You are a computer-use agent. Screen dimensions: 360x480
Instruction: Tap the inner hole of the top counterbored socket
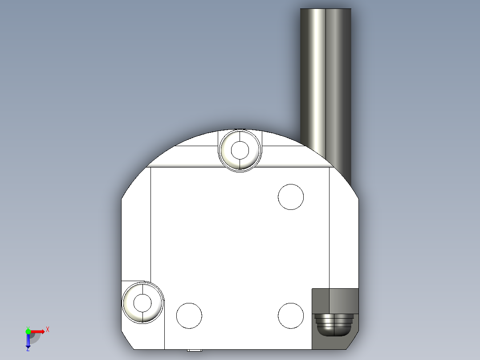pos(240,150)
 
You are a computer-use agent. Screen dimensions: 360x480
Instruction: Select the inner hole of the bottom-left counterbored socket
pos(142,303)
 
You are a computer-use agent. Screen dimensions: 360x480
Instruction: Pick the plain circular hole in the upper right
pos(291,196)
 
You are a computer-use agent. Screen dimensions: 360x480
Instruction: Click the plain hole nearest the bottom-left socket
pos(189,315)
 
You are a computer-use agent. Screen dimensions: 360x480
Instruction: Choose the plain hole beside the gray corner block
pos(291,315)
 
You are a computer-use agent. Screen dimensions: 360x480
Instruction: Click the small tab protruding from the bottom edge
pos(194,350)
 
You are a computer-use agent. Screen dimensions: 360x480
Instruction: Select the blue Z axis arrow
pos(28,341)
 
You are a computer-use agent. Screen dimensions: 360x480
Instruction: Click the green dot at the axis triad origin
pos(28,331)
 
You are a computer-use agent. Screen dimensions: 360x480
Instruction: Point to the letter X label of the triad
pos(48,330)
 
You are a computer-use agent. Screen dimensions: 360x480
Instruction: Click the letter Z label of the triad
pos(28,349)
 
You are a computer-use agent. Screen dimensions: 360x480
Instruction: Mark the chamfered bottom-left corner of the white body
pos(127,341)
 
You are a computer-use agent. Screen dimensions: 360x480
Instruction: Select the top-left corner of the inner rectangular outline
pos(151,168)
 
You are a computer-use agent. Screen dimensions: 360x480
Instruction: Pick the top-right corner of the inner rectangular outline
pos(329,168)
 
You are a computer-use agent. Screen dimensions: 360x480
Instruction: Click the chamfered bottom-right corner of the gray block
pos(353,342)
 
